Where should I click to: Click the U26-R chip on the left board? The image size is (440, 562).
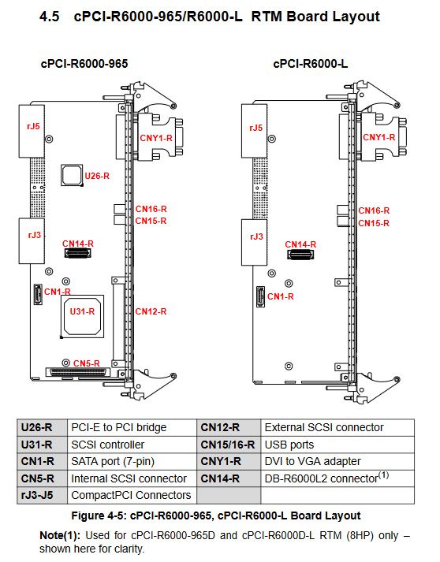pyautogui.click(x=72, y=175)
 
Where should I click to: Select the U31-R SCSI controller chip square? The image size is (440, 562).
pyautogui.click(x=82, y=316)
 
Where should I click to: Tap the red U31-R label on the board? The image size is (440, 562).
pyautogui.click(x=82, y=311)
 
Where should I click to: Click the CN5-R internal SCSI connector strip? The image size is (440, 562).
pyautogui.click(x=79, y=372)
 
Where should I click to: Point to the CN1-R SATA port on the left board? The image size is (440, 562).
pyautogui.click(x=38, y=294)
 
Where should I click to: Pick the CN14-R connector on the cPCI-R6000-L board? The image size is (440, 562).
pyautogui.click(x=300, y=255)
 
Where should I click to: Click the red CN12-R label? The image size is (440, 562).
pyautogui.click(x=151, y=311)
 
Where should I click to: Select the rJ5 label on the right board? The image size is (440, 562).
pyautogui.click(x=256, y=128)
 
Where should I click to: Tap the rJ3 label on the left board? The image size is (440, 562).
pyautogui.click(x=35, y=235)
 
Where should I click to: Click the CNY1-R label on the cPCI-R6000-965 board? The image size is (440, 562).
pyautogui.click(x=156, y=138)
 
